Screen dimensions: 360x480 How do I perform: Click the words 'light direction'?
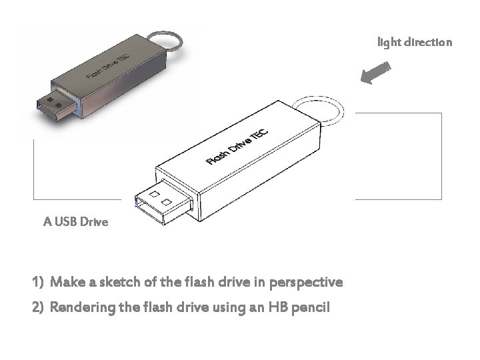pyautogui.click(x=414, y=43)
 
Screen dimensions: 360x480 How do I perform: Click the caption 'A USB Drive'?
pyautogui.click(x=75, y=221)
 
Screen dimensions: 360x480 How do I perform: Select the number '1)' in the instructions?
pyautogui.click(x=37, y=282)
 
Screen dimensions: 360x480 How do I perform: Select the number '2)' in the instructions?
pyautogui.click(x=37, y=309)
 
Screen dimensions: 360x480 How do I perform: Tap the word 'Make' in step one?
pyautogui.click(x=65, y=282)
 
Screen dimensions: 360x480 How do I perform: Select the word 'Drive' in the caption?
pyautogui.click(x=93, y=221)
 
